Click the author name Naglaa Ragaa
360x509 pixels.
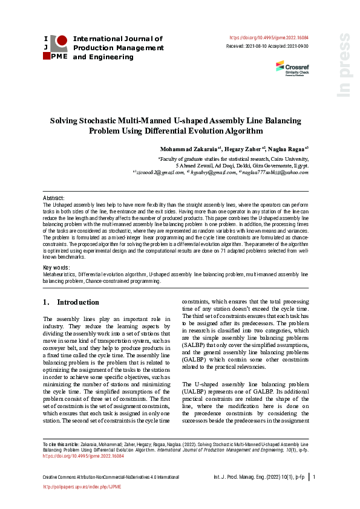coord(289,148)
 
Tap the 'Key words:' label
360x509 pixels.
coord(56,267)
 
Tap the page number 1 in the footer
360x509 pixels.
coord(315,478)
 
